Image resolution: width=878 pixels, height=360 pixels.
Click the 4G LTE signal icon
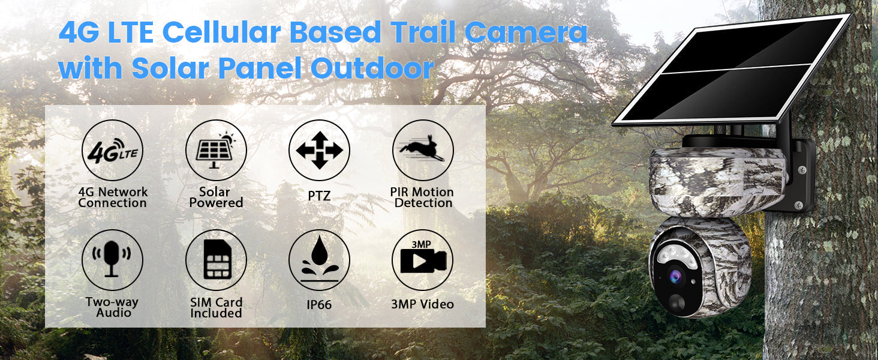click(x=113, y=150)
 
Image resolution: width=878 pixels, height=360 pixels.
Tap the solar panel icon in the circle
click(x=215, y=151)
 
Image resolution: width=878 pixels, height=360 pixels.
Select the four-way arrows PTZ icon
click(x=319, y=150)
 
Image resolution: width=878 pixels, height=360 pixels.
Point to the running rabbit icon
click(x=422, y=149)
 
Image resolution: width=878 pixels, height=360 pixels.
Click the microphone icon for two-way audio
click(x=112, y=259)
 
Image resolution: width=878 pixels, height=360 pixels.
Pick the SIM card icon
click(x=217, y=259)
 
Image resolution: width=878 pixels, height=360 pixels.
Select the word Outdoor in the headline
click(x=372, y=68)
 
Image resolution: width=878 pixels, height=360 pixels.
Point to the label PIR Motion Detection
click(x=422, y=197)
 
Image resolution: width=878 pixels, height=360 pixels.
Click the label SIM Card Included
click(x=216, y=307)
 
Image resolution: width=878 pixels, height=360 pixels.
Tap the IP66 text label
click(x=319, y=304)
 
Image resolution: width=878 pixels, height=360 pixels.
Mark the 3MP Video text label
click(x=423, y=304)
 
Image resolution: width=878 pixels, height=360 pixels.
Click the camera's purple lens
click(x=675, y=277)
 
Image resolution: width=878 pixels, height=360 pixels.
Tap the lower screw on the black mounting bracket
click(x=798, y=205)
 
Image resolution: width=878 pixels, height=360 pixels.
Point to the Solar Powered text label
click(x=215, y=197)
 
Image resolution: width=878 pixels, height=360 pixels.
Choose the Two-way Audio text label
click(x=112, y=307)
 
